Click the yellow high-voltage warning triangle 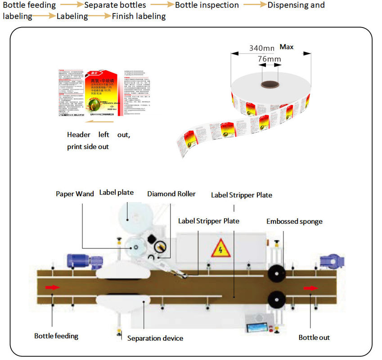click(x=221, y=248)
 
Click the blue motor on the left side click(x=79, y=260)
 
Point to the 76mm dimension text click(x=269, y=59)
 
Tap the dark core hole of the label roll click(x=270, y=83)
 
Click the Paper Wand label click(x=75, y=194)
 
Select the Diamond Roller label click(x=171, y=194)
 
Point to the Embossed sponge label click(x=294, y=221)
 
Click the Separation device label click(x=155, y=338)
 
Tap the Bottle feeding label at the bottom click(x=56, y=336)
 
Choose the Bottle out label click(x=314, y=337)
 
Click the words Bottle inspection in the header click(x=207, y=5)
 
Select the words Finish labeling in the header click(x=139, y=17)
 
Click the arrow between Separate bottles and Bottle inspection click(x=162, y=5)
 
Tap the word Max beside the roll click(x=287, y=47)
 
